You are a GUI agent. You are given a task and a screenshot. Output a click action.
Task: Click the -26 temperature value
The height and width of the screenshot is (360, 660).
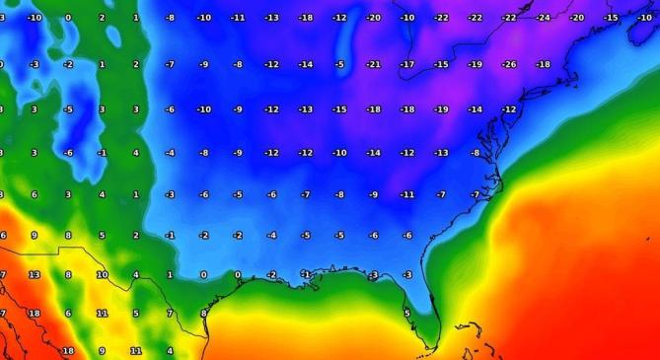click(509, 65)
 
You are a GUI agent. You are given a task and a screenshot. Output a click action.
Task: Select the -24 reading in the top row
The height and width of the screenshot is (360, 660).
click(543, 18)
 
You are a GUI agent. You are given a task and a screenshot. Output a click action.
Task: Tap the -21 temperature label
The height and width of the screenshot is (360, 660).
click(373, 65)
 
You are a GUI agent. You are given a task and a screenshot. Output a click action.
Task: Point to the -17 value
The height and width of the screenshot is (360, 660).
click(406, 65)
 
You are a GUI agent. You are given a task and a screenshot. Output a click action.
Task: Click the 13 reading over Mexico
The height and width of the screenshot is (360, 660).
click(35, 275)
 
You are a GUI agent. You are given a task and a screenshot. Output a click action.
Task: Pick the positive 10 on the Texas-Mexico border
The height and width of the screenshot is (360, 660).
click(102, 275)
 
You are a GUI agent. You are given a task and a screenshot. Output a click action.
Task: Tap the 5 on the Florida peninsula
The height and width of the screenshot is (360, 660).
click(406, 314)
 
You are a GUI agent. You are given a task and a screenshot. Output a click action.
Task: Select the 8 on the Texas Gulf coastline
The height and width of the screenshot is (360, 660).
click(203, 314)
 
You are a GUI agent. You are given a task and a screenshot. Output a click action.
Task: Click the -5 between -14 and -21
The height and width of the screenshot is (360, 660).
click(339, 65)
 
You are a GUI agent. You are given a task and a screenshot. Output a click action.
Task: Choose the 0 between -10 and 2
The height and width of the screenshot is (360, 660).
click(68, 18)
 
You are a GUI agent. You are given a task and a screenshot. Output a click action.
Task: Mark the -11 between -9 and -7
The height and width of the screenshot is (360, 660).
click(406, 194)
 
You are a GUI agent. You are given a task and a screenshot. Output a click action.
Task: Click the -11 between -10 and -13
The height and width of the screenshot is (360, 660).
click(238, 18)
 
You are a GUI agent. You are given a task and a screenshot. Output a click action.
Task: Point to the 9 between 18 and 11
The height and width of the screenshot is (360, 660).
click(102, 351)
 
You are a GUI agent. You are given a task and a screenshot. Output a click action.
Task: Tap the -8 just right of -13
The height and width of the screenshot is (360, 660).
click(475, 153)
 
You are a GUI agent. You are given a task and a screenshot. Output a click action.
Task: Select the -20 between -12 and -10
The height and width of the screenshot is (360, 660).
click(373, 18)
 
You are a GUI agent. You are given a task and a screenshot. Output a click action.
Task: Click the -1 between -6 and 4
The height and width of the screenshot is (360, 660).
click(102, 153)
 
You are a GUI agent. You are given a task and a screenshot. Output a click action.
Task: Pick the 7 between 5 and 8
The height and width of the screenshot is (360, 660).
click(170, 314)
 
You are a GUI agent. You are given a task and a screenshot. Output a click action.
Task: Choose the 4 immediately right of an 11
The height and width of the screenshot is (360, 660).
click(170, 351)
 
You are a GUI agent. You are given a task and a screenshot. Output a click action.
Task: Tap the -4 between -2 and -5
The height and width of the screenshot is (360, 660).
click(271, 236)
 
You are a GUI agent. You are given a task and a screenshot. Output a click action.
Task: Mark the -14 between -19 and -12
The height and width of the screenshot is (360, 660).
click(475, 109)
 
